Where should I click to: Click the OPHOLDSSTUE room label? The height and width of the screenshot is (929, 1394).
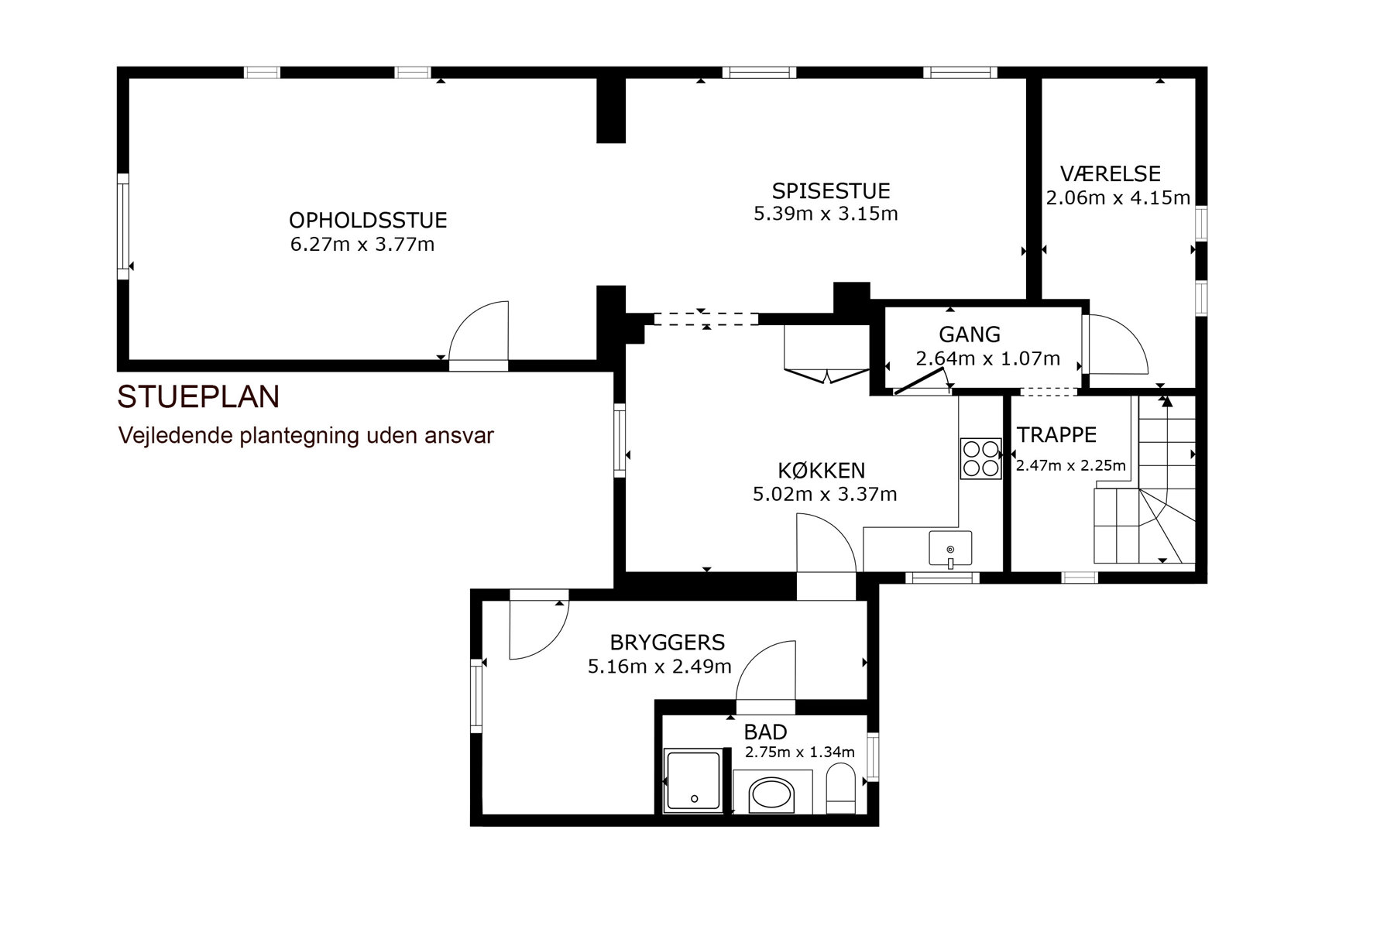368,221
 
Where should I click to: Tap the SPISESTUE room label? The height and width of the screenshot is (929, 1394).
831,190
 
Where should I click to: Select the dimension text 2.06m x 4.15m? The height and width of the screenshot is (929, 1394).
1118,198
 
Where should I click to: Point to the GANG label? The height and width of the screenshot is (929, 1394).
970,334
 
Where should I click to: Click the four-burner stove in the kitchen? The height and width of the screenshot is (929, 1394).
980,458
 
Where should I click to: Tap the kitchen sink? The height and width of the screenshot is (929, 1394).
950,548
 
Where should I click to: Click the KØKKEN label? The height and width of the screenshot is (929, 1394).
822,471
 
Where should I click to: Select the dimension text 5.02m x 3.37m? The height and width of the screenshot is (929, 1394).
825,494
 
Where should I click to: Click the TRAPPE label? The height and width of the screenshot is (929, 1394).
1056,435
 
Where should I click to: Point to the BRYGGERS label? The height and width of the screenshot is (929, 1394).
668,643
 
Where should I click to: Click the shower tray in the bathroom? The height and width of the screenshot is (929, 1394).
693,780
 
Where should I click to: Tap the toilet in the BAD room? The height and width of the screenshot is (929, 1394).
840,788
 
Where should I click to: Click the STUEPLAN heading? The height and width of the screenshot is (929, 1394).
198,396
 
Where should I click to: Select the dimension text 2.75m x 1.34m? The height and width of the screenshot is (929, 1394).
799,752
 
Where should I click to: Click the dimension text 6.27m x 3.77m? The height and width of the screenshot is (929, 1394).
362,245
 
